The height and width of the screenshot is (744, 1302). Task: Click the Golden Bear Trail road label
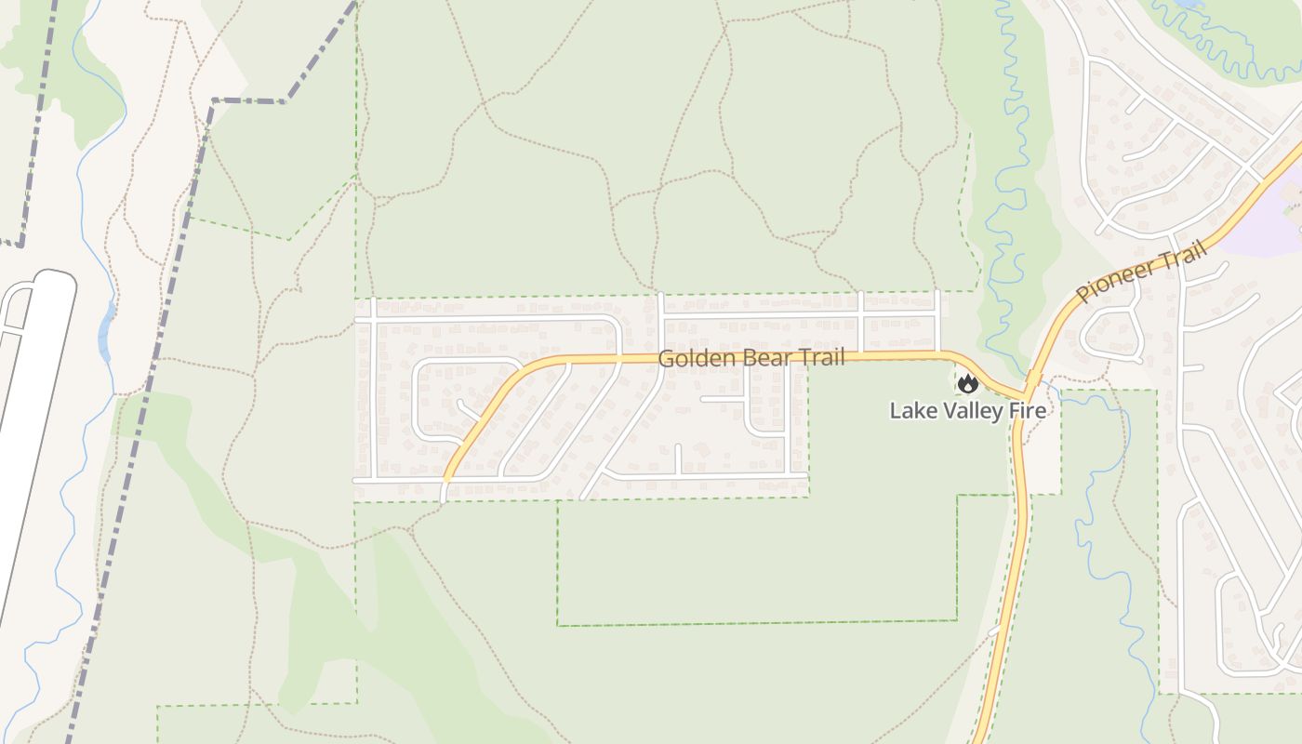(751, 358)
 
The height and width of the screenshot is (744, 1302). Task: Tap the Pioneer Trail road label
(1142, 271)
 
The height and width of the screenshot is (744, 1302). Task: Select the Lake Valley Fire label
(967, 410)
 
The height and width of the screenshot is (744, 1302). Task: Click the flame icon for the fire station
(968, 383)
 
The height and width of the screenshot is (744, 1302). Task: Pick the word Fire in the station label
(1029, 410)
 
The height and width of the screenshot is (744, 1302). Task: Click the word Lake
(910, 410)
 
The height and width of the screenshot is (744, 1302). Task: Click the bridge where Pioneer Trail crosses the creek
(1033, 379)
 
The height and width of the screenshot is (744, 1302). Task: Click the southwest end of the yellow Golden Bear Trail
(447, 476)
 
